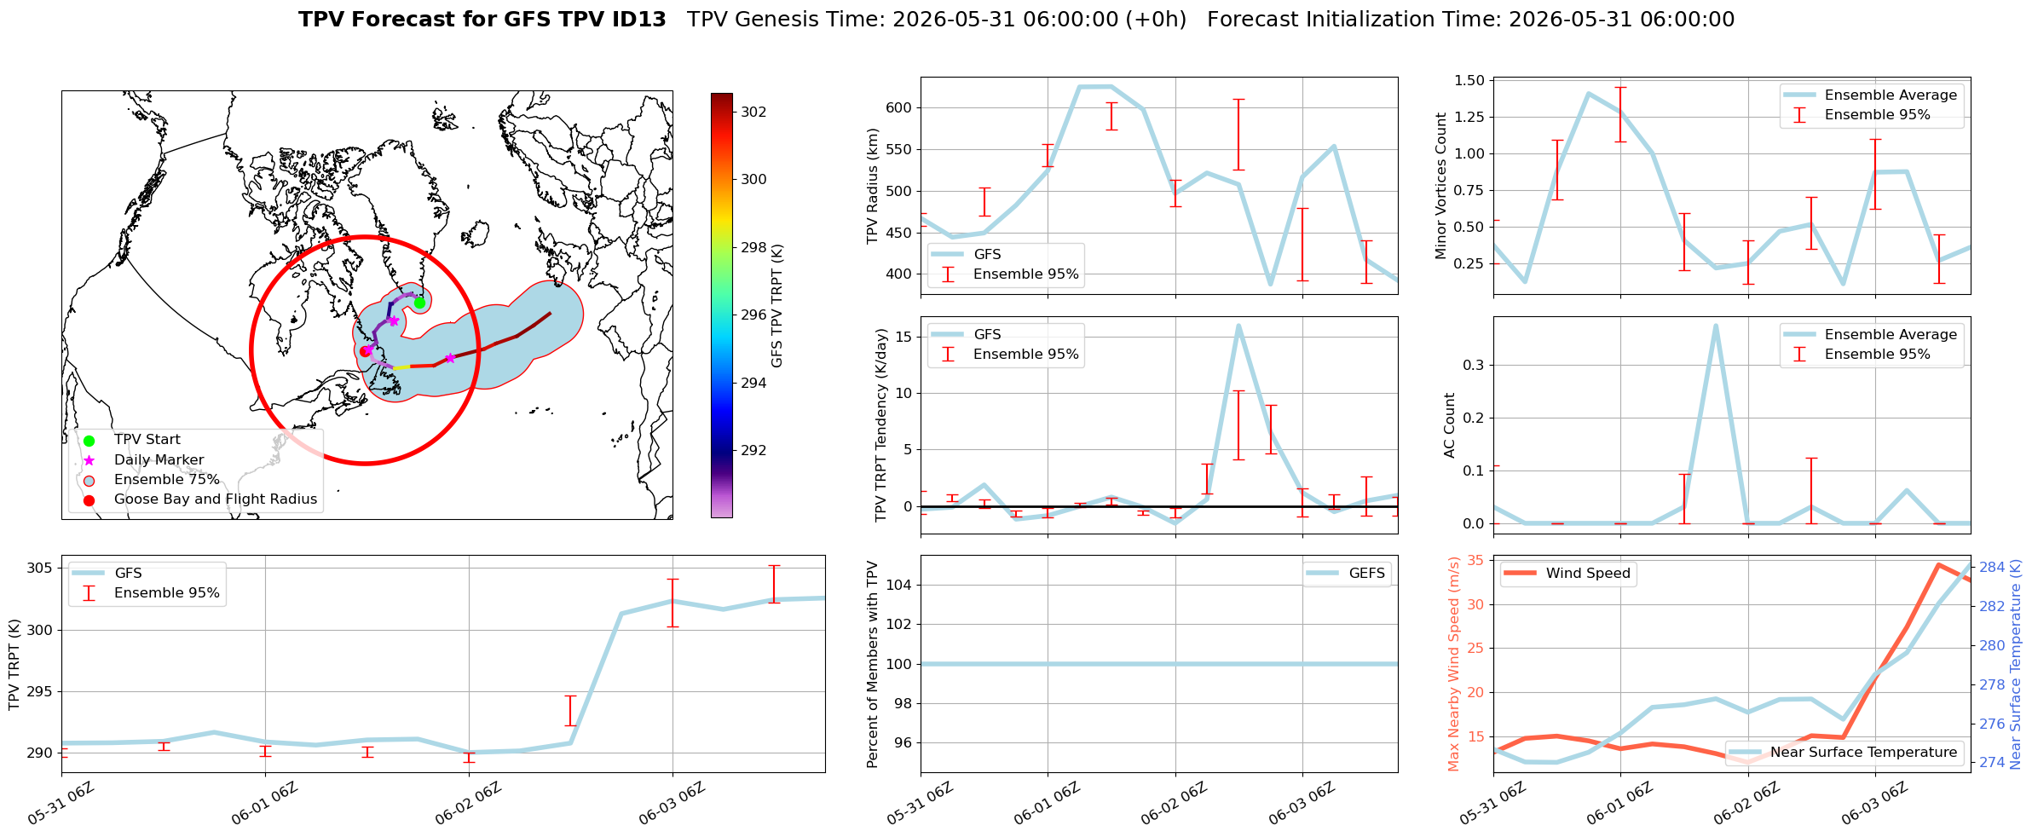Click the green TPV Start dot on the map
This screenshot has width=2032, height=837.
click(419, 303)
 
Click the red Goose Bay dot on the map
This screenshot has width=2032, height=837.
click(365, 351)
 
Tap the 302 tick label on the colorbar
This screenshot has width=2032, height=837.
click(753, 112)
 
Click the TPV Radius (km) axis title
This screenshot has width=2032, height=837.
click(873, 186)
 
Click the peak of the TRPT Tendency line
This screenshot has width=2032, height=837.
click(1238, 325)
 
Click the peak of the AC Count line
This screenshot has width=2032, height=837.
click(1716, 325)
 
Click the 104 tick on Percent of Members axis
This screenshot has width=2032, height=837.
click(900, 585)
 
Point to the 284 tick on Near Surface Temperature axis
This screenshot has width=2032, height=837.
click(1992, 568)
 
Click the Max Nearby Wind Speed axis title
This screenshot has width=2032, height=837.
click(1454, 664)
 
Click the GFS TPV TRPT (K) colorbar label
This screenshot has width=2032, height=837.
click(777, 306)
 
